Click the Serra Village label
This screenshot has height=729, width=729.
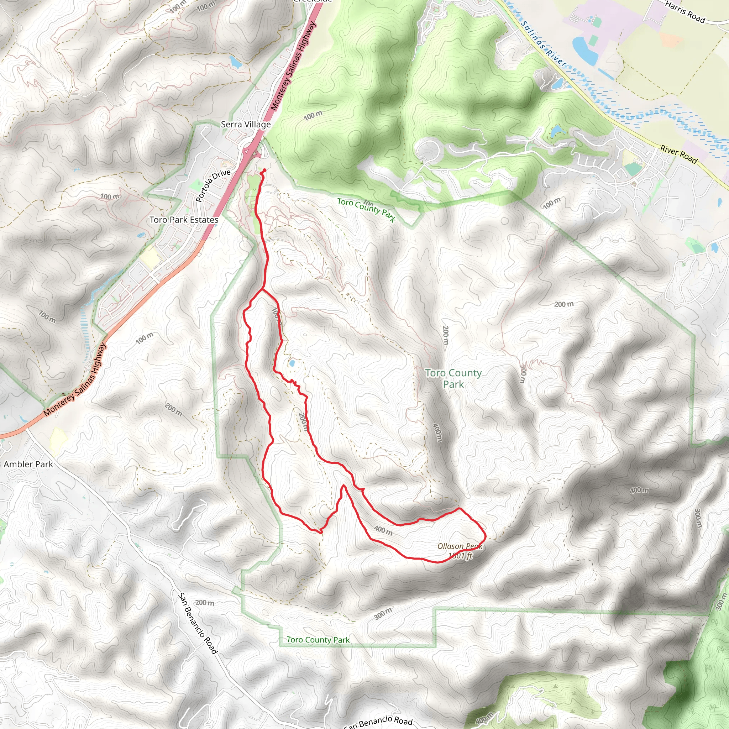246,124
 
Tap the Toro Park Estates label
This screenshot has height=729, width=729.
184,220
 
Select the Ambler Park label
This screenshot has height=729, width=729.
28,464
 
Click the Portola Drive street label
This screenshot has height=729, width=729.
213,185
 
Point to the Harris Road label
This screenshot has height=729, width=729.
685,12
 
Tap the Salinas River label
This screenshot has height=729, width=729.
543,44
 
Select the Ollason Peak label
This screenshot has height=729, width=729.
460,546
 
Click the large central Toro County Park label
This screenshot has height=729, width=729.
453,378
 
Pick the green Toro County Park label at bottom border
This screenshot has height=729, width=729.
318,640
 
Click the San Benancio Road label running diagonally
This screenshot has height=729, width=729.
197,623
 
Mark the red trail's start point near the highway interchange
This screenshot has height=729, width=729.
263,171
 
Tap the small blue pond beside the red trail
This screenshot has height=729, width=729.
292,363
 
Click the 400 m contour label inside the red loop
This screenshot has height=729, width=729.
383,530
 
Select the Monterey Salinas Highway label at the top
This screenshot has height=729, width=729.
293,66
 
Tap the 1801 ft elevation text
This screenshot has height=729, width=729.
460,555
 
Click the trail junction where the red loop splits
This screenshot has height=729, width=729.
262,290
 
